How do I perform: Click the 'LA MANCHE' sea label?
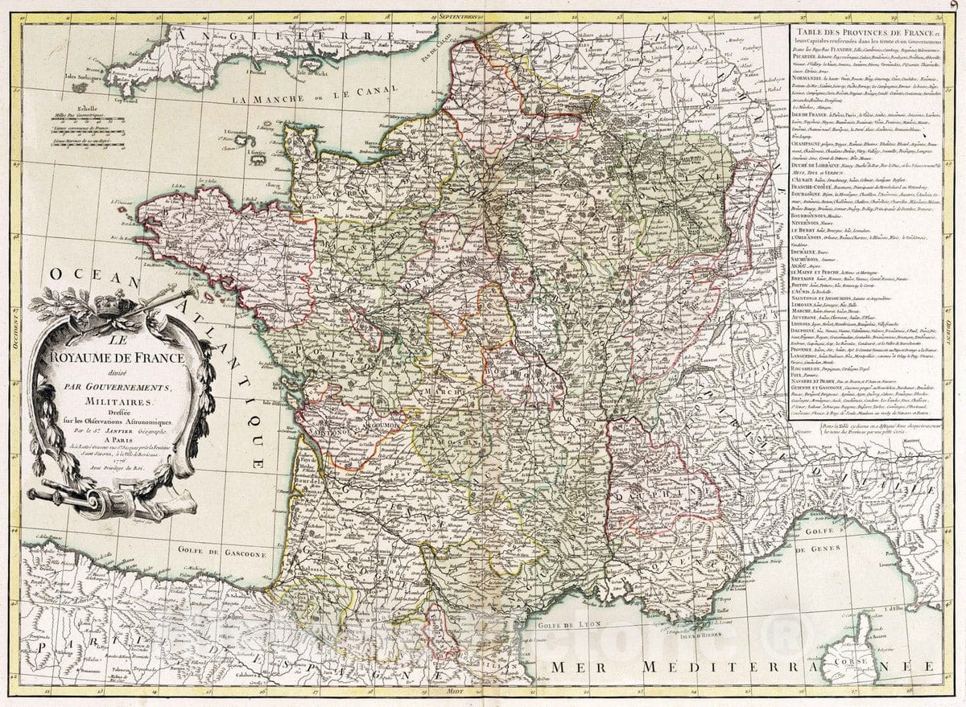pos(258,99)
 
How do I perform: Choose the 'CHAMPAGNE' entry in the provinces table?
pos(807,142)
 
